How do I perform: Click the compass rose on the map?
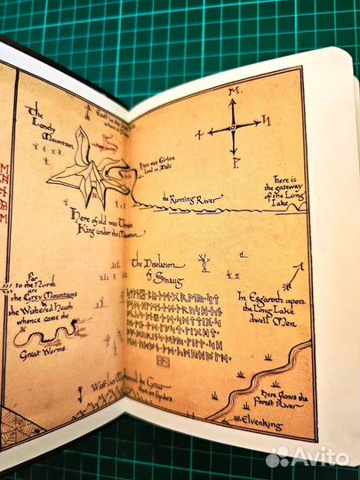tap(233, 127)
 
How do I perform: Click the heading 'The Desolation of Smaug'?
tap(158, 267)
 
